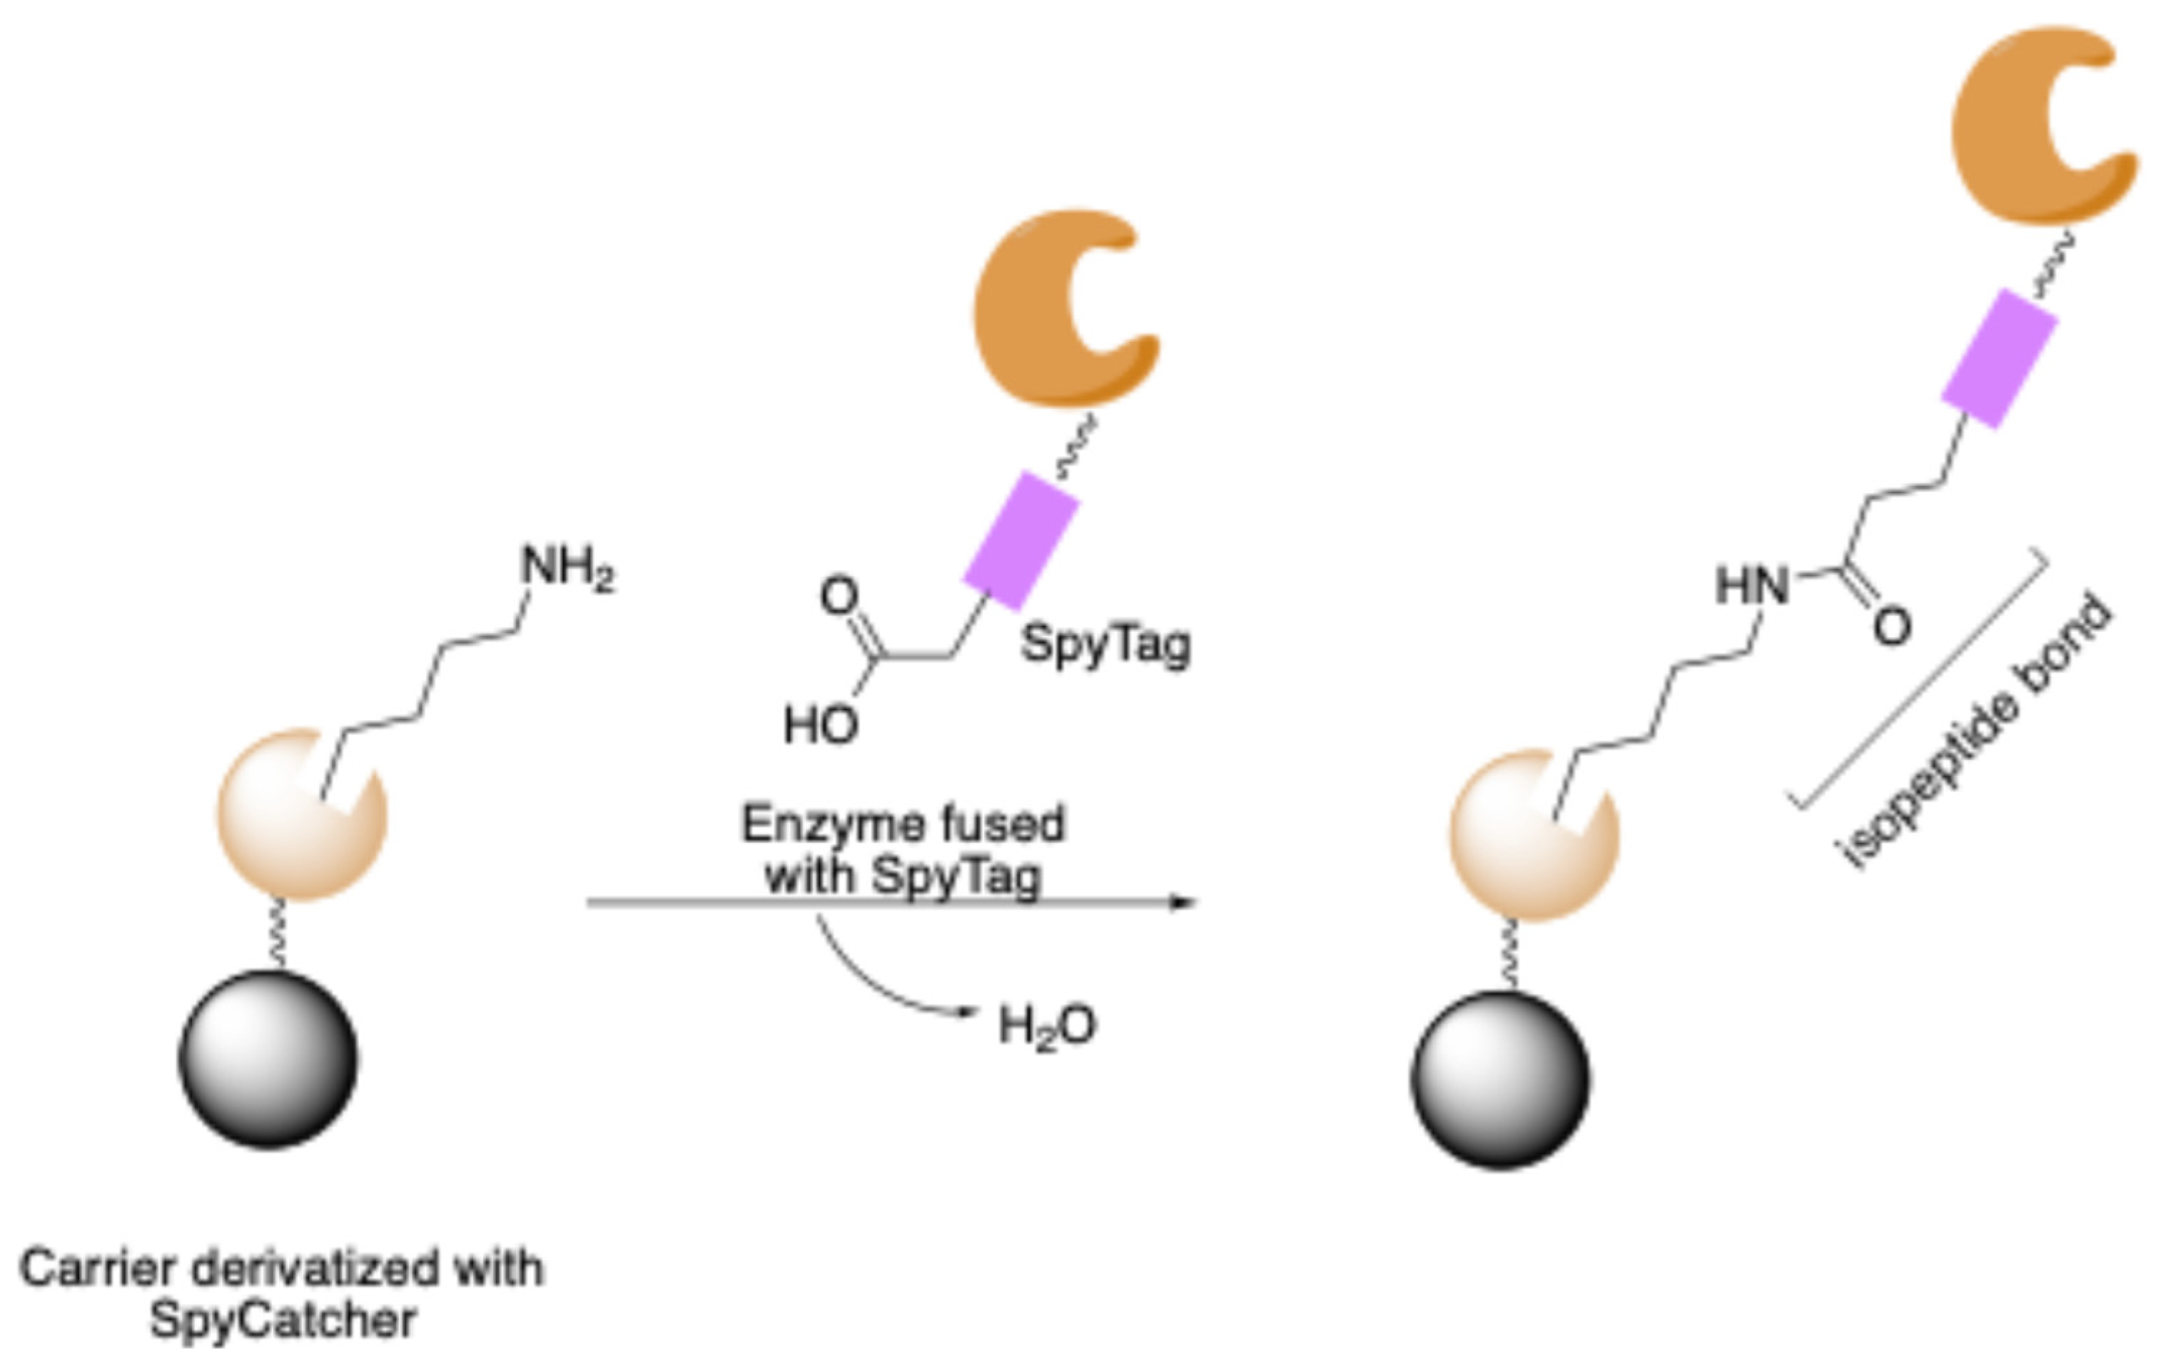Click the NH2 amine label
[x=568, y=569]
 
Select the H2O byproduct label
[x=1047, y=1026]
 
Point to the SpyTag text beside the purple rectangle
[x=1105, y=644]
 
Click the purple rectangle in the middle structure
[x=1021, y=541]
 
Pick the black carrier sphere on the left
[x=268, y=1059]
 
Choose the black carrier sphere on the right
[x=1500, y=1080]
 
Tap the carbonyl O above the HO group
[x=839, y=597]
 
